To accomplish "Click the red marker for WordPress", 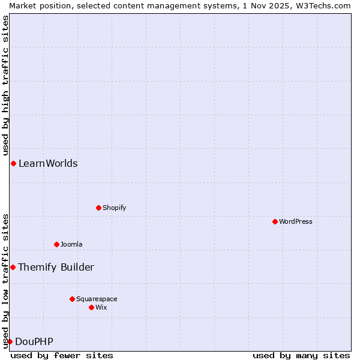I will tap(275, 221).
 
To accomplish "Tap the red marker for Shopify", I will tap(98, 208).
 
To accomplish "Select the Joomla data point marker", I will tap(57, 244).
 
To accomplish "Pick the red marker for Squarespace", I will tap(72, 299).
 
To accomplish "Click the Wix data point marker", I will tap(92, 307).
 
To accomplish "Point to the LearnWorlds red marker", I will tap(13, 163).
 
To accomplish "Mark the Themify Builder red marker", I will tap(13, 267).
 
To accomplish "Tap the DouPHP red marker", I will tap(10, 341).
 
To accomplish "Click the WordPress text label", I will tap(296, 221).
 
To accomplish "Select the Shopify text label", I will tap(115, 208).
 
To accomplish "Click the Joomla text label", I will tap(71, 244).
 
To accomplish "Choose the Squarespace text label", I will tap(97, 299).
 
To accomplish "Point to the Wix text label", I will tap(101, 307).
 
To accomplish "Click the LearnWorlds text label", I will tap(48, 163).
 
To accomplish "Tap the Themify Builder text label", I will tap(56, 267).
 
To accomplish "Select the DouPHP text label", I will tap(34, 342).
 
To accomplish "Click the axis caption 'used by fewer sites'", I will tap(62, 355).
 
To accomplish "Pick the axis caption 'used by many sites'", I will tap(301, 355).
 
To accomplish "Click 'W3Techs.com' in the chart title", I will tap(323, 5).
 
